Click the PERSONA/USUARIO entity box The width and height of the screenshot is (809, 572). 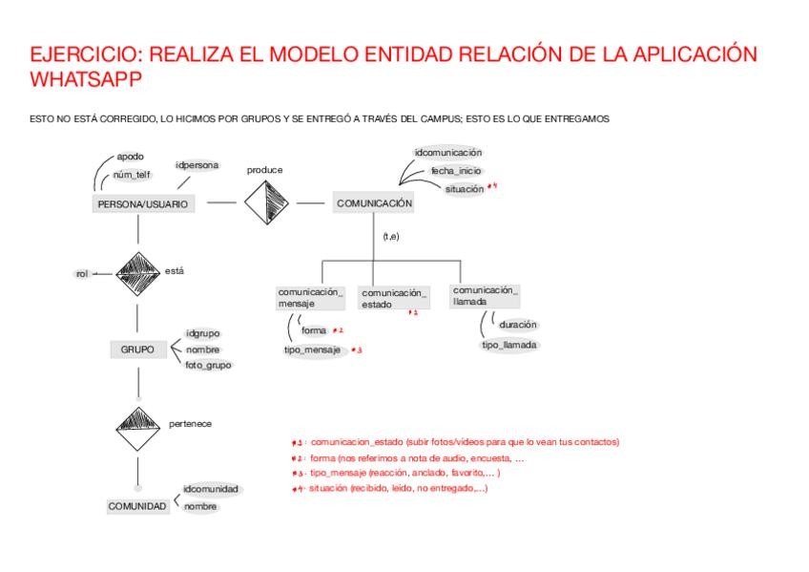point(143,203)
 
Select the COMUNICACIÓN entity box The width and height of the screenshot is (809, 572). point(374,202)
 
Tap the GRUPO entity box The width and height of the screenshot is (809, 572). point(137,350)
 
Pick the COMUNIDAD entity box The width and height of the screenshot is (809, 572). point(137,506)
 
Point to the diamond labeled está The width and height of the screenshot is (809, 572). point(138,274)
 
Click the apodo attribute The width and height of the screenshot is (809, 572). point(130,156)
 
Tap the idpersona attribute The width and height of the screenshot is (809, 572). point(197,165)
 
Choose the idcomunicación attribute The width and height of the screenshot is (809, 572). point(447,152)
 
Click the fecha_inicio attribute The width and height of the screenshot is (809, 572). point(455,170)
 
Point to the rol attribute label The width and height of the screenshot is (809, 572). point(81,274)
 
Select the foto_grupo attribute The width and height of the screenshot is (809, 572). point(208,365)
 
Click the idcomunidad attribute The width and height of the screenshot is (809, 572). point(211,489)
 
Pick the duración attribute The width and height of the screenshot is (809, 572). point(517,325)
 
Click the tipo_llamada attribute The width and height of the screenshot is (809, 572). point(509,345)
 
